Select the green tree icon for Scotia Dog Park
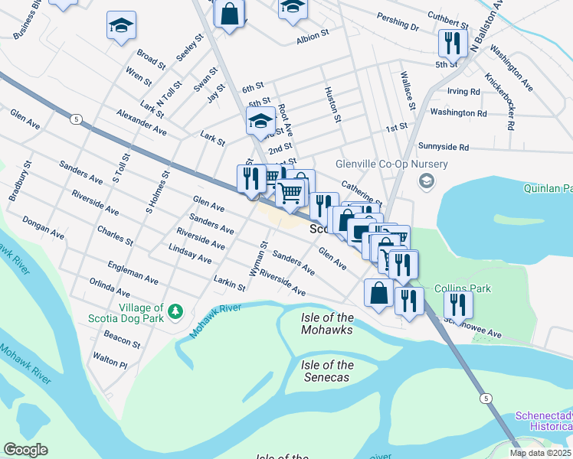[x=176, y=311]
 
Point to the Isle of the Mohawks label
[x=326, y=324]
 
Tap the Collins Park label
[x=462, y=288]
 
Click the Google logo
[x=25, y=450]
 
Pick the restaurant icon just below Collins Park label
[x=458, y=304]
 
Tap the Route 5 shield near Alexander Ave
[x=75, y=119]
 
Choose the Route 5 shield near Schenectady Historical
[x=486, y=399]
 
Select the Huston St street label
[x=335, y=104]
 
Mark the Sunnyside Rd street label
[x=453, y=146]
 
